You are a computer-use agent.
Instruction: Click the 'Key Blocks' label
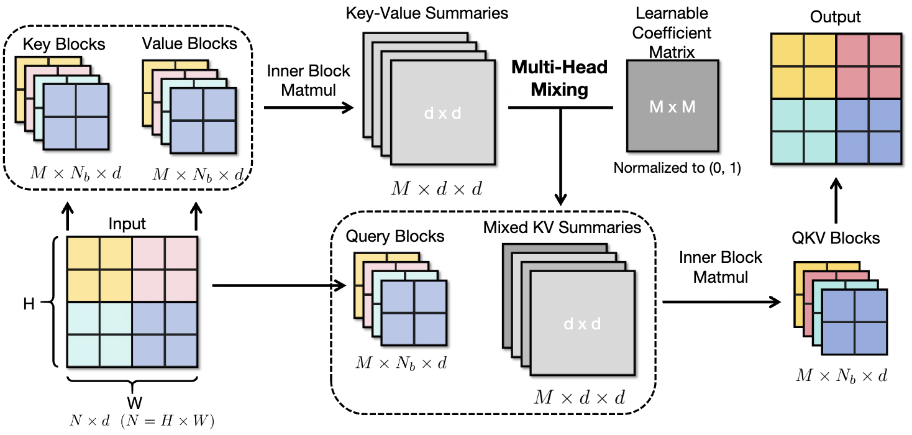64,45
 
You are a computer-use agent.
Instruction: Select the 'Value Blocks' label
189,44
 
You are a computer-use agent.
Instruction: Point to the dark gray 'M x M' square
672,107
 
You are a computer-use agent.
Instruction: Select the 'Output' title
835,17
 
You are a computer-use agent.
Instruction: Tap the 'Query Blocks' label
395,236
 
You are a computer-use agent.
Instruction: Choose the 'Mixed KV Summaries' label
562,227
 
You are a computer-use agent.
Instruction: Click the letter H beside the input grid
29,304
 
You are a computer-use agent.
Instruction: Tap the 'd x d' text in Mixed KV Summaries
581,324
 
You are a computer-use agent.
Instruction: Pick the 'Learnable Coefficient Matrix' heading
672,31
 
